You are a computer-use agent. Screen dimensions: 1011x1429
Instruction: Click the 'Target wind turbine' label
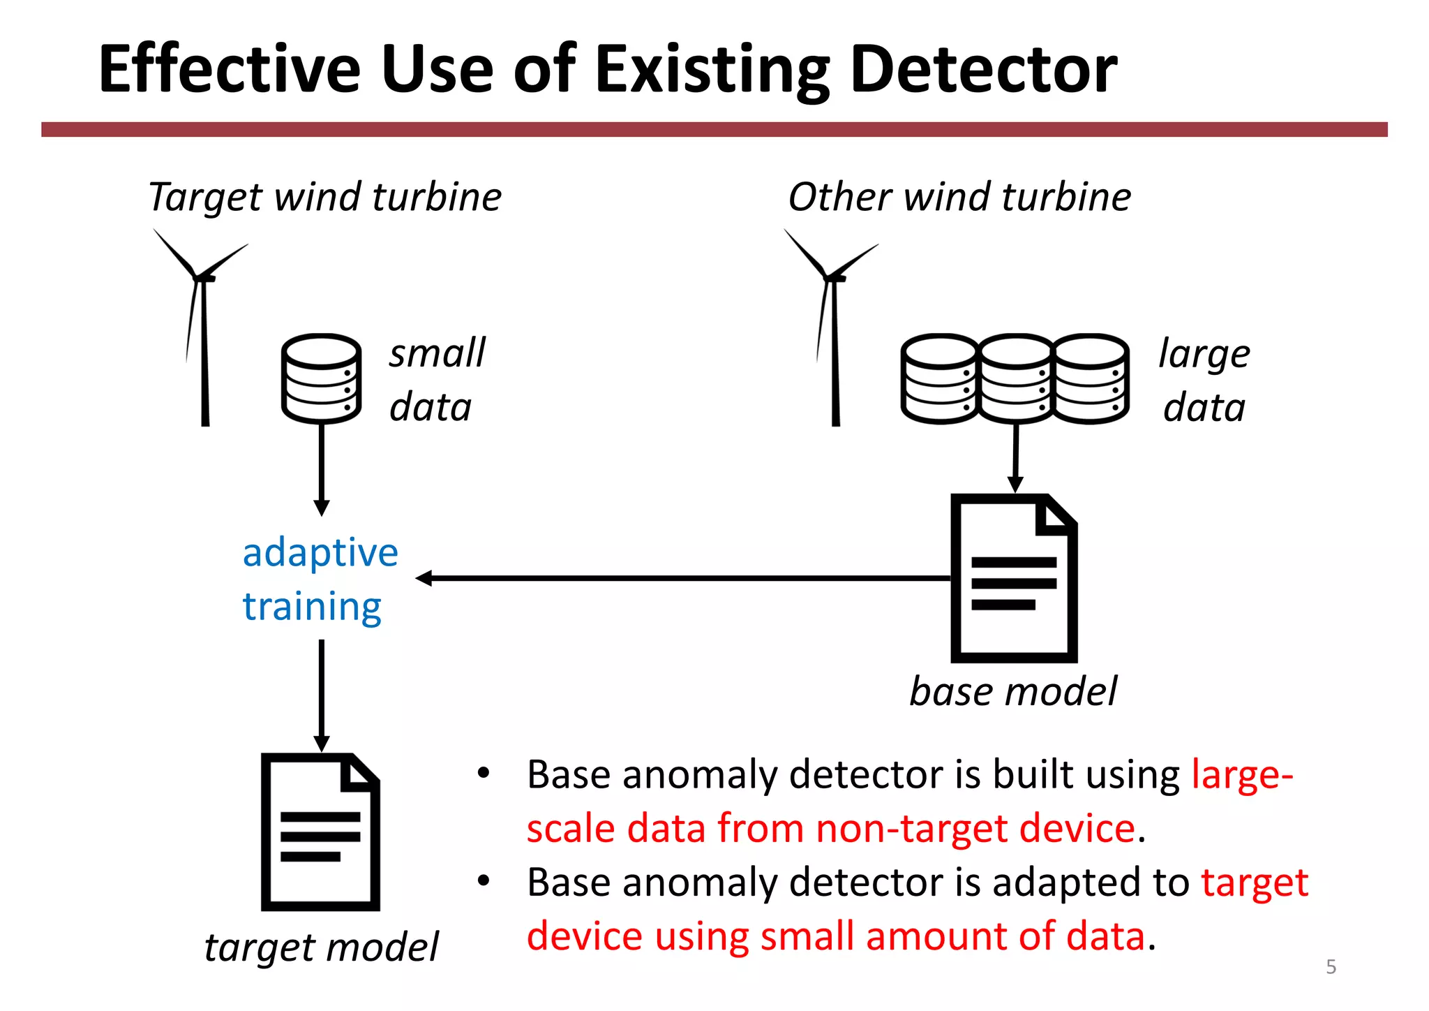click(x=324, y=197)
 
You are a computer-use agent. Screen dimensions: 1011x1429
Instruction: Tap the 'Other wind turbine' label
click(x=959, y=197)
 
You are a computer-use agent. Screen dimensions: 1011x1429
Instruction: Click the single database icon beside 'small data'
click(x=321, y=378)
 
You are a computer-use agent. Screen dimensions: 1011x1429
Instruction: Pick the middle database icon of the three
click(x=1016, y=378)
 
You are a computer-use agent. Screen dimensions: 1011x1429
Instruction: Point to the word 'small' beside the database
click(x=437, y=353)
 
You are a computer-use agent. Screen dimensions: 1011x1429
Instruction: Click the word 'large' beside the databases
click(x=1204, y=354)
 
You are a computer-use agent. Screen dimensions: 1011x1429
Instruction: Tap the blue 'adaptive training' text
click(x=319, y=579)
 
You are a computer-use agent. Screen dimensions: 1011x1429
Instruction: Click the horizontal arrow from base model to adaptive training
click(x=684, y=578)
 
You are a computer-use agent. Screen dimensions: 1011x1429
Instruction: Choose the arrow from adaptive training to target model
click(x=322, y=695)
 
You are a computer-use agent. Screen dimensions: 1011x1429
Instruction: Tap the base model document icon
click(x=1014, y=578)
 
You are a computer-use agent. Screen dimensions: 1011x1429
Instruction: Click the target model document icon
click(x=320, y=832)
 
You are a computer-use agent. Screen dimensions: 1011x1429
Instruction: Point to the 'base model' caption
click(x=1012, y=692)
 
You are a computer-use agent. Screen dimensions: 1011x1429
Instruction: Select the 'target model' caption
click(x=321, y=947)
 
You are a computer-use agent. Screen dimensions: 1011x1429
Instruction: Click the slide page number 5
click(x=1331, y=967)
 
